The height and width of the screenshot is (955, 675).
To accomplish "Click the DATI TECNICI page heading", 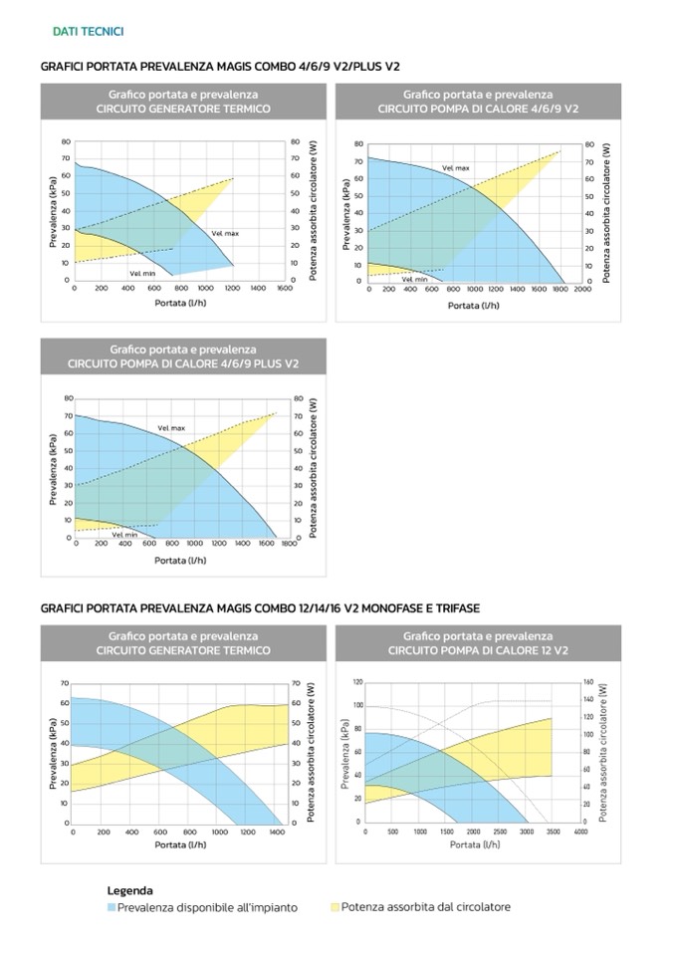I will point(88,32).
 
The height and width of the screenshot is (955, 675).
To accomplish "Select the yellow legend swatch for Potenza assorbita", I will point(334,907).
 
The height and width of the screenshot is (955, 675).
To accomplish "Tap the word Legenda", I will point(130,890).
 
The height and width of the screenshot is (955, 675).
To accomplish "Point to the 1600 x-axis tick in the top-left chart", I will point(285,288).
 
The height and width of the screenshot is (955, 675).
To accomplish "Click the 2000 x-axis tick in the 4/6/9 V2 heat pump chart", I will point(582,289).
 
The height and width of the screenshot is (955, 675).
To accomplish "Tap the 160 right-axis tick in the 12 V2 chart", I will point(588,682).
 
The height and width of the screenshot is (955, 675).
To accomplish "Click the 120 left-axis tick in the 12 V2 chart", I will point(357,682).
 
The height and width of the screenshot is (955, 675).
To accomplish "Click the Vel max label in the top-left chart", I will point(225,233).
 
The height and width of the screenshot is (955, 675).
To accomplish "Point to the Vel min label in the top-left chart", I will point(142,272).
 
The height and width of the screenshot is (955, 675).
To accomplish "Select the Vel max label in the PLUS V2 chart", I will point(171,428).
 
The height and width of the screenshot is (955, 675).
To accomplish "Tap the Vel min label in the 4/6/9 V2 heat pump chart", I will point(414,279).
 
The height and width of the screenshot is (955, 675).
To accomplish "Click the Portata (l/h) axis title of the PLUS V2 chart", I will point(179,560).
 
